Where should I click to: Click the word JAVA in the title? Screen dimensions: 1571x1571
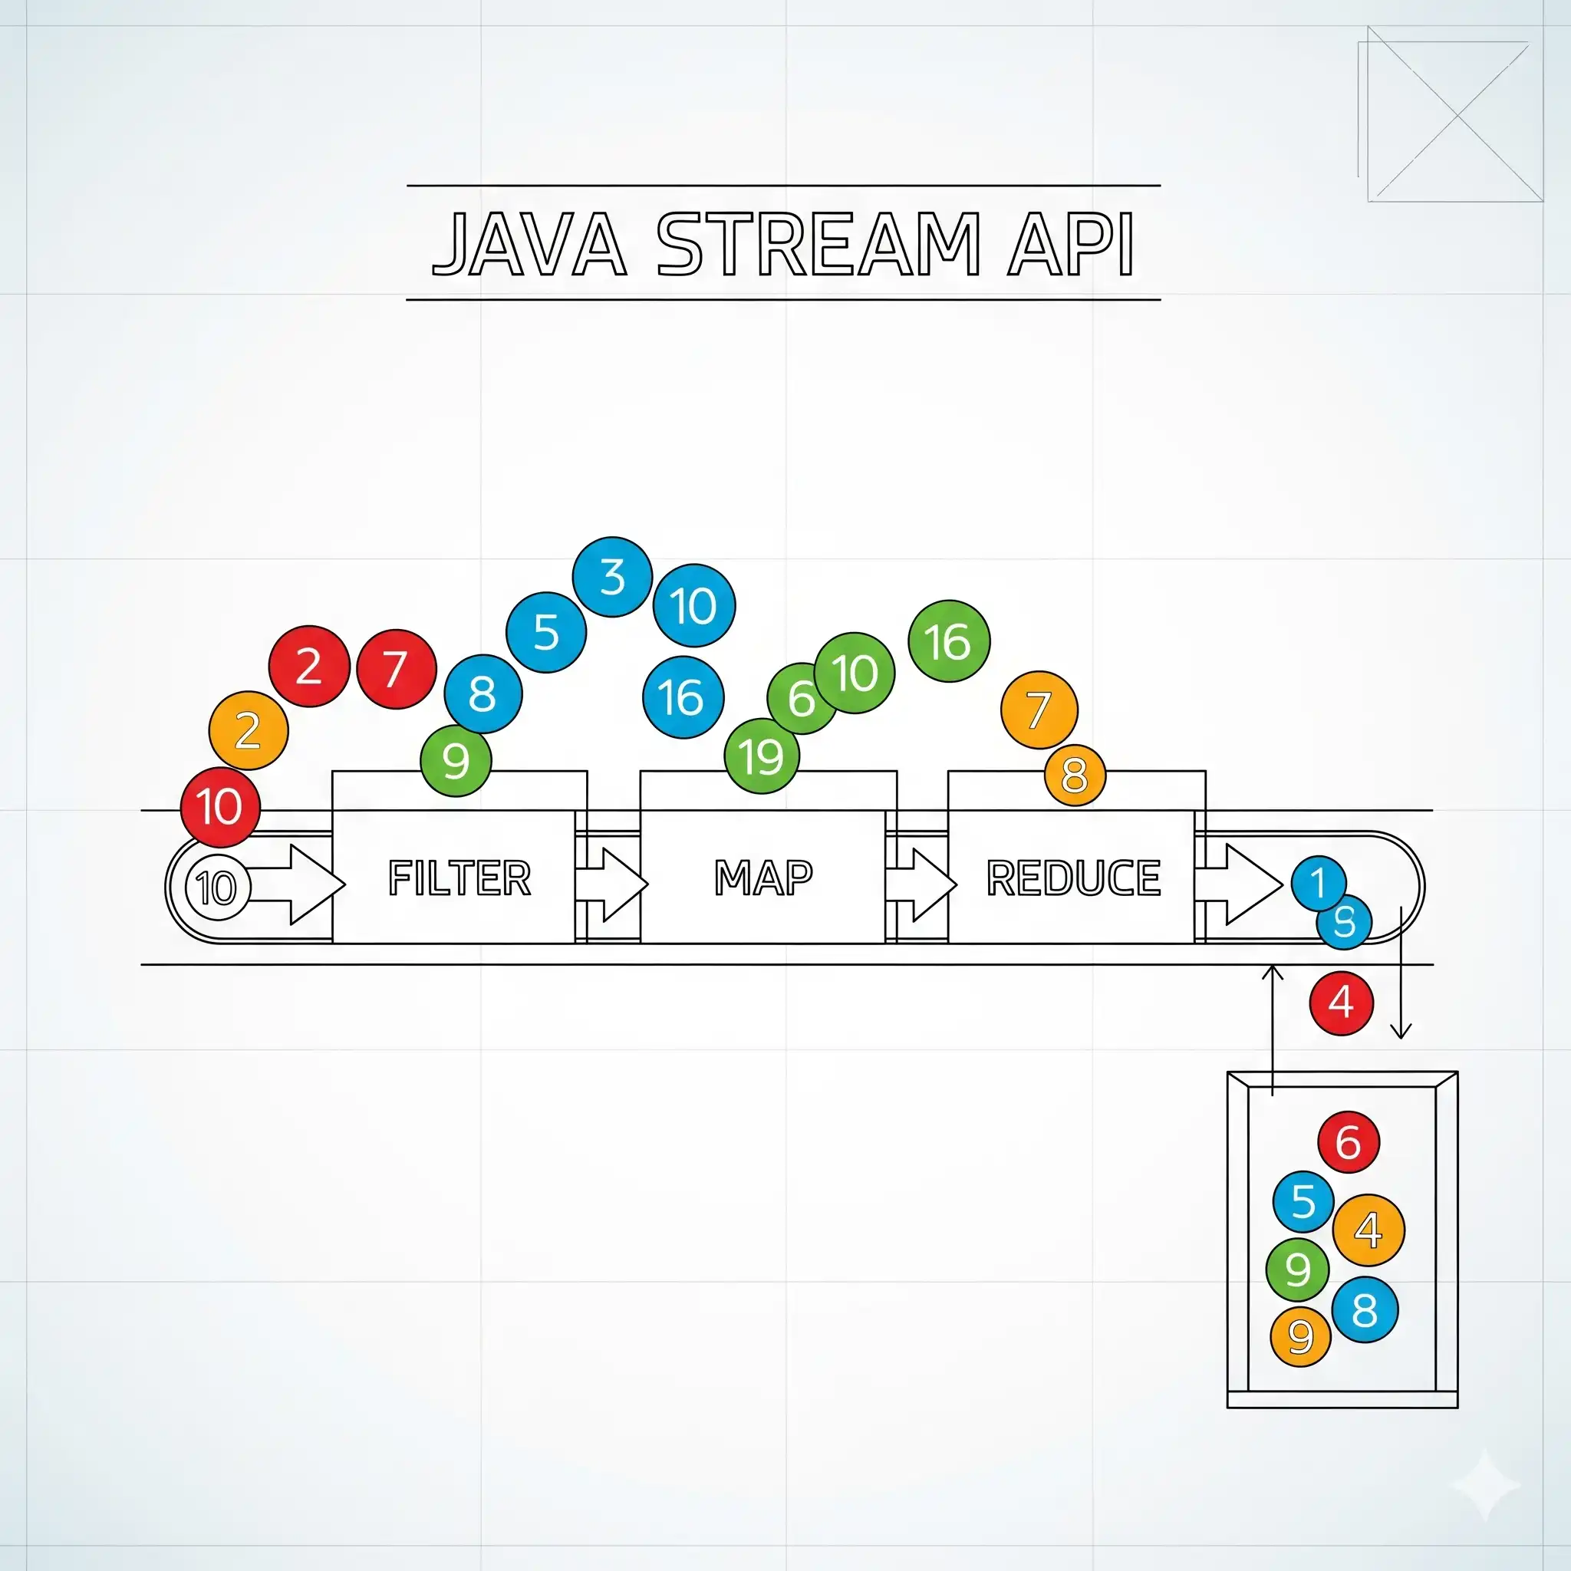pyautogui.click(x=529, y=244)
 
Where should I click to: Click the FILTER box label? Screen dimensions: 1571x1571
pyautogui.click(x=459, y=878)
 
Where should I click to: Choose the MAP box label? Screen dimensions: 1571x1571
pyautogui.click(x=762, y=878)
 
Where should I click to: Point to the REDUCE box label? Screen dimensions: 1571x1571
pyautogui.click(x=1073, y=878)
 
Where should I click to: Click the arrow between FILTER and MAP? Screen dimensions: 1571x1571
pyautogui.click(x=611, y=884)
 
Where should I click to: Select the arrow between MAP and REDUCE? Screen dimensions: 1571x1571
pyautogui.click(x=921, y=884)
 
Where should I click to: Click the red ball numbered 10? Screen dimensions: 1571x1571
pyautogui.click(x=219, y=808)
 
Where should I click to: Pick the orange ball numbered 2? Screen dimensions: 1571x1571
pyautogui.click(x=248, y=730)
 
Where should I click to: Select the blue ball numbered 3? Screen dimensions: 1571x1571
pyautogui.click(x=612, y=577)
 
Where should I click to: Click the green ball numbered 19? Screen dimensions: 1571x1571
pyautogui.click(x=762, y=756)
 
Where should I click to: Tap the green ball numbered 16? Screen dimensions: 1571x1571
pyautogui.click(x=948, y=641)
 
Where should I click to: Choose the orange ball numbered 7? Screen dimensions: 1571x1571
pyautogui.click(x=1039, y=710)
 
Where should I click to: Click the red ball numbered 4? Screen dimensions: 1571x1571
pyautogui.click(x=1341, y=1003)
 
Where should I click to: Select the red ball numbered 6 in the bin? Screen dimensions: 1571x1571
pyautogui.click(x=1347, y=1141)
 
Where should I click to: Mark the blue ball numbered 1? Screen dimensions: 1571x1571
pyautogui.click(x=1317, y=882)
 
